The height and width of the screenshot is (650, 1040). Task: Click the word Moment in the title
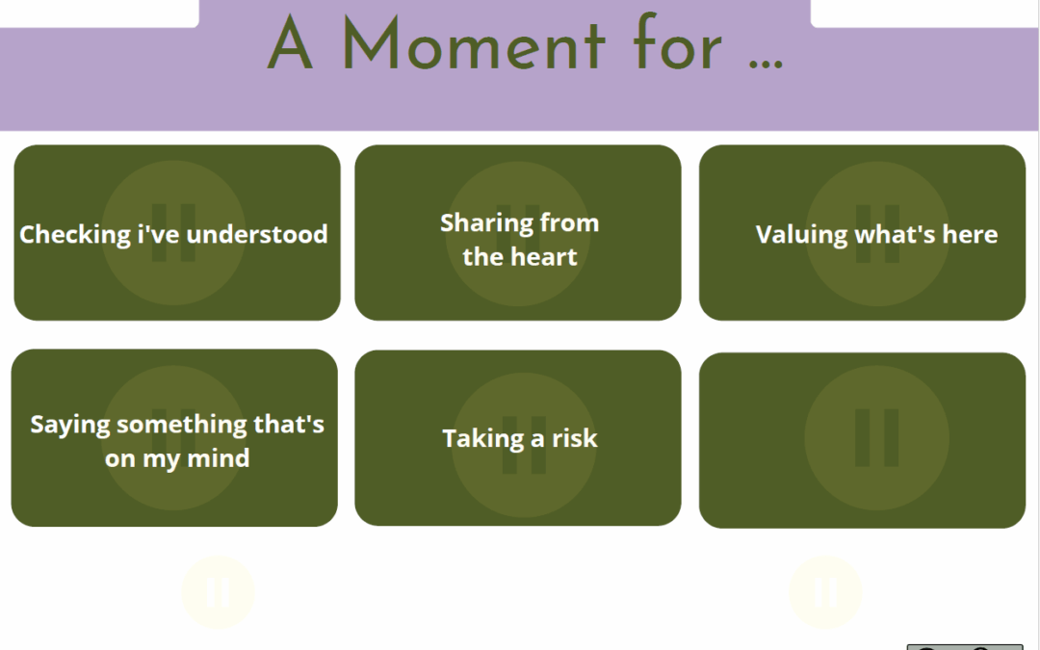click(x=474, y=43)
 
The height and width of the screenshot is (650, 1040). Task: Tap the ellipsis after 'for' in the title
click(x=766, y=65)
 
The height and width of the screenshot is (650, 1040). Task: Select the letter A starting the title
click(x=290, y=43)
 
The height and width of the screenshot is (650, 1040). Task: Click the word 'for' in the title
click(x=677, y=41)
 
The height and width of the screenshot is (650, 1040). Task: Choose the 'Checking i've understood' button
click(x=177, y=233)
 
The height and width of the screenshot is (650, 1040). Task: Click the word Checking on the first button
click(x=75, y=235)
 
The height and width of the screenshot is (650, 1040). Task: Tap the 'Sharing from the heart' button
click(x=518, y=233)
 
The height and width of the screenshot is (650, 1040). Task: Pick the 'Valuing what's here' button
click(x=862, y=233)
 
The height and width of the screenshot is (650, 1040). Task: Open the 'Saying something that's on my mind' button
click(x=174, y=438)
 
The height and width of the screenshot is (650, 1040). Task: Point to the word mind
click(x=220, y=458)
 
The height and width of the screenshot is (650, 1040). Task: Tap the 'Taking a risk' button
click(x=518, y=438)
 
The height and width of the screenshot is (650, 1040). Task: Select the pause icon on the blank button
click(x=877, y=438)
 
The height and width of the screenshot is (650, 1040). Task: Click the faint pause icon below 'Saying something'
click(x=219, y=592)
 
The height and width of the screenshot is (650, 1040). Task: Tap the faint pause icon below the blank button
click(x=826, y=592)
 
